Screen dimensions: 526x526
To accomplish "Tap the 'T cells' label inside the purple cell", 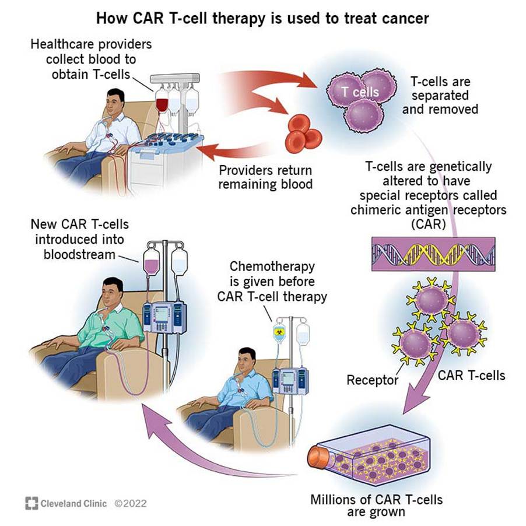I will (x=360, y=92).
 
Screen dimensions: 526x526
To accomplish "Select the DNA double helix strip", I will (x=433, y=254).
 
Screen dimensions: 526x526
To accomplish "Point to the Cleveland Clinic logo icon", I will (x=31, y=503).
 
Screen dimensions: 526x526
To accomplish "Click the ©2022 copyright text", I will (x=131, y=503).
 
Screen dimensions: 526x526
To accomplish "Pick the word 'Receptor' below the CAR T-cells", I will (x=372, y=381).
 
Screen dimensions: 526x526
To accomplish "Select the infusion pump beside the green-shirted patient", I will (x=164, y=317).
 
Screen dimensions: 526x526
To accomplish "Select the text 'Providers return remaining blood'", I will (x=265, y=177).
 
